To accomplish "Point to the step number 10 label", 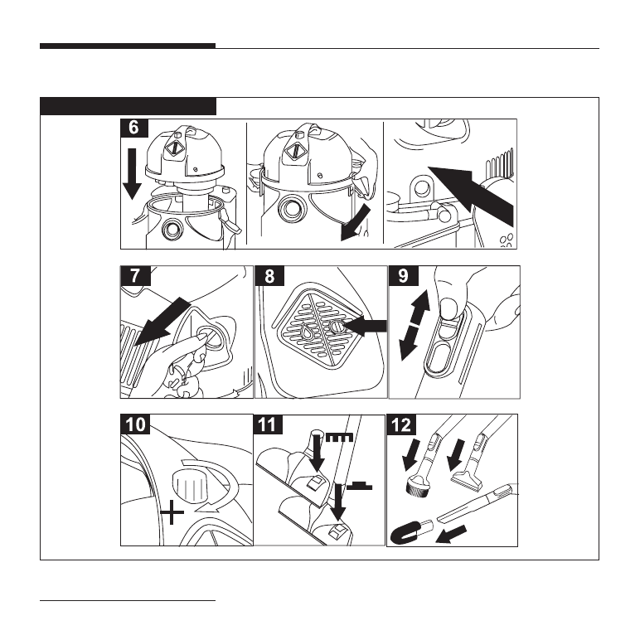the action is [x=137, y=425].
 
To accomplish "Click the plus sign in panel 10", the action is [x=172, y=515].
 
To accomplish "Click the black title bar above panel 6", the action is [x=128, y=106].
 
